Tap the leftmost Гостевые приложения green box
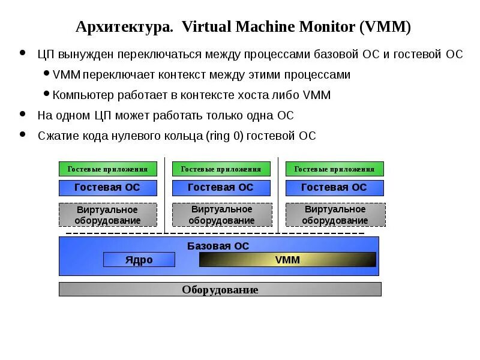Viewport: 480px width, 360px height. (x=107, y=169)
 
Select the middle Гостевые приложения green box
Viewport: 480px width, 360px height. (x=221, y=169)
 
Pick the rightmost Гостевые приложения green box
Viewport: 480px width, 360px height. (x=334, y=169)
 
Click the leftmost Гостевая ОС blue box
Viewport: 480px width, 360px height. (x=107, y=187)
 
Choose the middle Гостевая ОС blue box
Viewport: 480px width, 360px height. (x=221, y=187)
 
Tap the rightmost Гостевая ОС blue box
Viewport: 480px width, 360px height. (x=334, y=187)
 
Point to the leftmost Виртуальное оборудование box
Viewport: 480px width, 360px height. (x=107, y=215)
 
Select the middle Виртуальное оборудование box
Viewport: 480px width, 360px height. (x=221, y=215)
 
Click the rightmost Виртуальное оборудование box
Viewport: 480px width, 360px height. (x=335, y=215)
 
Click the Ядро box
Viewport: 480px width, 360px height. (x=139, y=260)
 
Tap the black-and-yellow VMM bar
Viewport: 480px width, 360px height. (x=287, y=260)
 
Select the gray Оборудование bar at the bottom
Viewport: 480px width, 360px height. (x=220, y=290)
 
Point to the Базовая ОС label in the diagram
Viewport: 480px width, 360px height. (x=218, y=246)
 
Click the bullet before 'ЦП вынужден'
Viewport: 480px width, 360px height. (x=23, y=53)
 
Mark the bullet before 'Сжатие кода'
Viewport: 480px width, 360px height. (x=23, y=134)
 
